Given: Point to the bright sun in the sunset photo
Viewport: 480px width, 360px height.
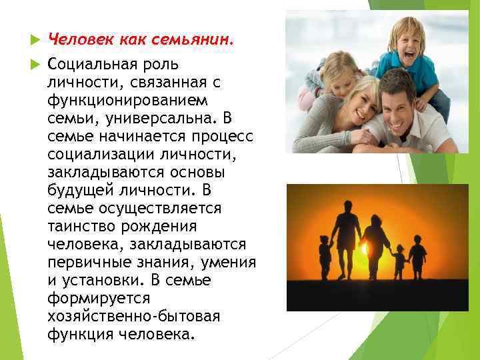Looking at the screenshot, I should [x=365, y=250].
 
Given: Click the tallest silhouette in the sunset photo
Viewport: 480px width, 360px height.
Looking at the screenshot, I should [x=347, y=237].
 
